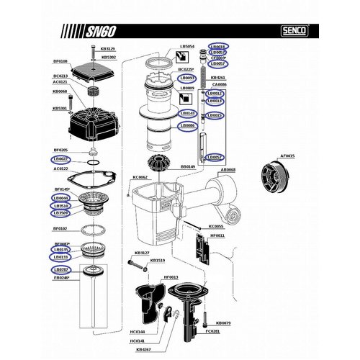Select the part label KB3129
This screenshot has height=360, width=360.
pyautogui.click(x=106, y=49)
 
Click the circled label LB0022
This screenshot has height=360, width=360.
pyautogui.click(x=60, y=158)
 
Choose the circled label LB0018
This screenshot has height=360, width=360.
pyautogui.click(x=215, y=46)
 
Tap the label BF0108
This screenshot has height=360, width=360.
pyautogui.click(x=60, y=62)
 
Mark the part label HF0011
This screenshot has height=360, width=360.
pyautogui.click(x=217, y=235)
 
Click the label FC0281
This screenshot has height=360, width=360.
pyautogui.click(x=212, y=331)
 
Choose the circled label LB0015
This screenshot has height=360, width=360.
pyautogui.click(x=215, y=115)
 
